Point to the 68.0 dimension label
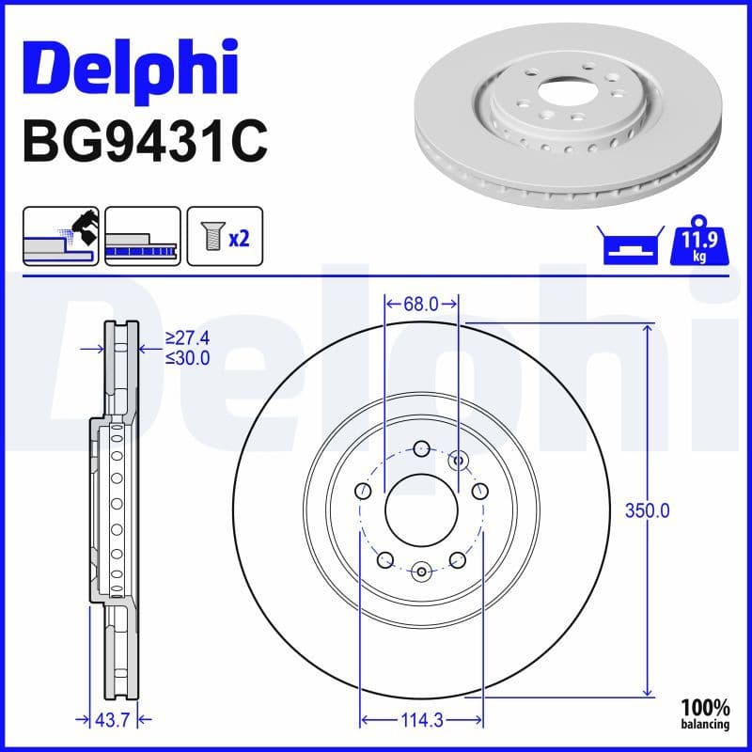tap(421, 304)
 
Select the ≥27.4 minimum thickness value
tap(187, 337)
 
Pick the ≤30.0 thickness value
tap(187, 357)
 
